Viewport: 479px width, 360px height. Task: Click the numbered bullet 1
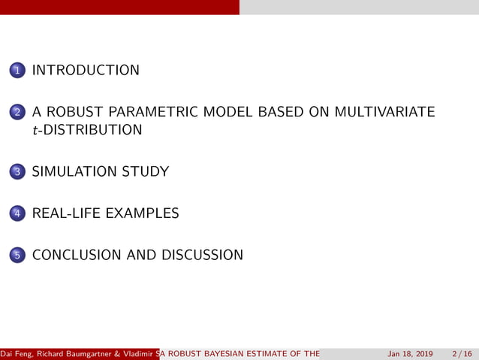coord(17,71)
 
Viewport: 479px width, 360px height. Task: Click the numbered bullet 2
coord(17,113)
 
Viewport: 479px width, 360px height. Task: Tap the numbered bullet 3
coord(17,172)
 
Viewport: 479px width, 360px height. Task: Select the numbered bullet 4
coord(17,214)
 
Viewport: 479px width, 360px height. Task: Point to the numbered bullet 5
coord(17,256)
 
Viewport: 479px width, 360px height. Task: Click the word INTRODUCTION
coord(86,71)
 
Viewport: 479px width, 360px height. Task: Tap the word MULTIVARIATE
coord(384,113)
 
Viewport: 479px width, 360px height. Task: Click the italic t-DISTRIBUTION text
coord(87,130)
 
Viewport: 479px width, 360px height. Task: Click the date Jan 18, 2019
coord(410,354)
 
